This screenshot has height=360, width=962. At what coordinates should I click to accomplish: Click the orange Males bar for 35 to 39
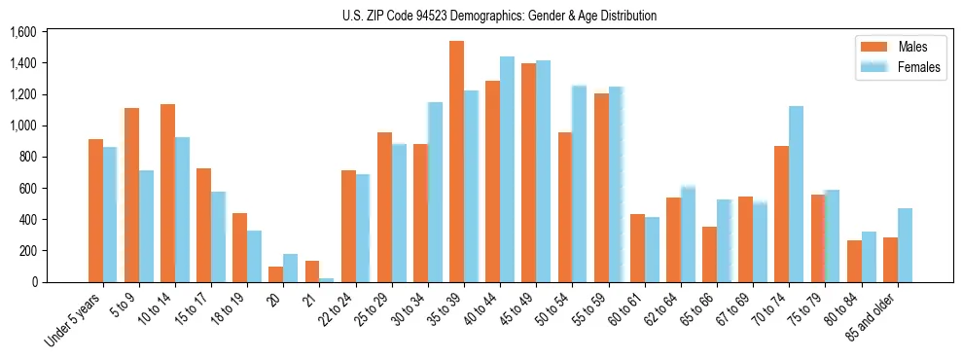coord(456,162)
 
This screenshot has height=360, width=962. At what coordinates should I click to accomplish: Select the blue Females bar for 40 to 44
coord(507,169)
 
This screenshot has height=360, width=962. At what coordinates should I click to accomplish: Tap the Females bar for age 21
coord(326,279)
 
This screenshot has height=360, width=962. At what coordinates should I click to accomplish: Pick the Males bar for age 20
coord(276,274)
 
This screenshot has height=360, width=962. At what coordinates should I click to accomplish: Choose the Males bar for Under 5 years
coord(95,210)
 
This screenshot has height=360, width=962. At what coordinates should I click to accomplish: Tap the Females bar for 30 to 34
coord(435,192)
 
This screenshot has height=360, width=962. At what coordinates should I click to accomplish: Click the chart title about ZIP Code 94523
coord(499,16)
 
